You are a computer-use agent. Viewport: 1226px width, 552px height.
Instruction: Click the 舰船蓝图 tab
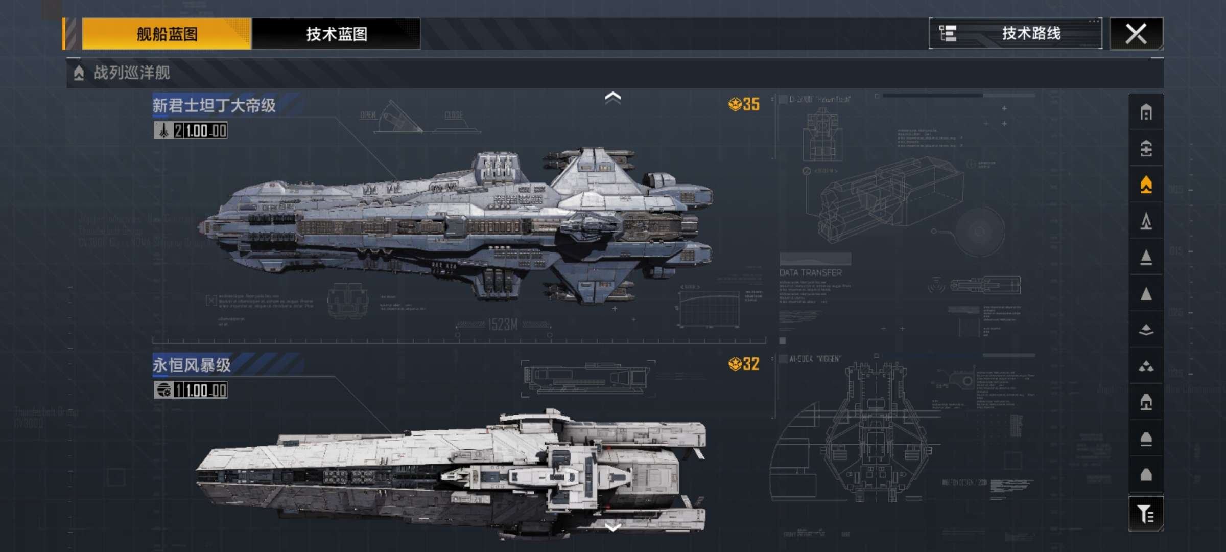[167, 34]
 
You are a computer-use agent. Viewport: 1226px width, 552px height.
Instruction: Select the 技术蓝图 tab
[336, 34]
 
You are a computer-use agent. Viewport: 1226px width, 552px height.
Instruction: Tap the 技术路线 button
[1031, 34]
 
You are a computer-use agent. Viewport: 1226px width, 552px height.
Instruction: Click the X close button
[1136, 34]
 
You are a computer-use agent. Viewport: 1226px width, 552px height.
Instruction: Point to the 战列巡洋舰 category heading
[131, 73]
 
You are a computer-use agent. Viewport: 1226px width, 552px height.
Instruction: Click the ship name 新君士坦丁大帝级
[214, 105]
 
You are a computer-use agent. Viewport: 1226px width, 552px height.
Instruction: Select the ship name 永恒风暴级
[192, 365]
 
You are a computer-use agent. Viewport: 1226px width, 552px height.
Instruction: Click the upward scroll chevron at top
[612, 97]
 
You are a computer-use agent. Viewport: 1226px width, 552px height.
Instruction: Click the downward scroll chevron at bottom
[612, 527]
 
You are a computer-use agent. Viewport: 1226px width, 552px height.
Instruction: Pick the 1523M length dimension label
[503, 325]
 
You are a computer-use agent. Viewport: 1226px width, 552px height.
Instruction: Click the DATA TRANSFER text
[810, 273]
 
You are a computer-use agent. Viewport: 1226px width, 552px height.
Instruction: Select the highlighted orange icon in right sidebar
[1146, 185]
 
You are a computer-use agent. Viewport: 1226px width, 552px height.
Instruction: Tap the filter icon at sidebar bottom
[1146, 514]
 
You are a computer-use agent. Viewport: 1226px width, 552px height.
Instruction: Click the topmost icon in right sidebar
[1146, 112]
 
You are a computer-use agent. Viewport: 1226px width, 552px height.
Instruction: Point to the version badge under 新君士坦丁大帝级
[191, 131]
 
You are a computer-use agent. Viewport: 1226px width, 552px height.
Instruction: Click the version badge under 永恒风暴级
[191, 390]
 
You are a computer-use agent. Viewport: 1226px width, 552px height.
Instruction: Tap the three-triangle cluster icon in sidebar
[1146, 366]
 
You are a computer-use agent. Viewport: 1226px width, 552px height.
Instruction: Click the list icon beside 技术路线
[948, 34]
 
